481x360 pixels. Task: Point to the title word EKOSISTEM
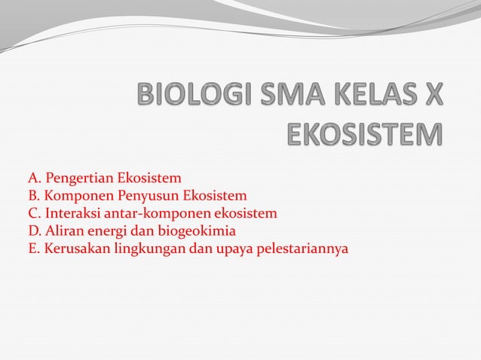[365, 136]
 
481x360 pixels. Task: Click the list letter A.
[33, 178]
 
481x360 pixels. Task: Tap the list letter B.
[33, 196]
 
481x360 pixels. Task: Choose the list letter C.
[33, 213]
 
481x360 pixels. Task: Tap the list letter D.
[33, 230]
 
